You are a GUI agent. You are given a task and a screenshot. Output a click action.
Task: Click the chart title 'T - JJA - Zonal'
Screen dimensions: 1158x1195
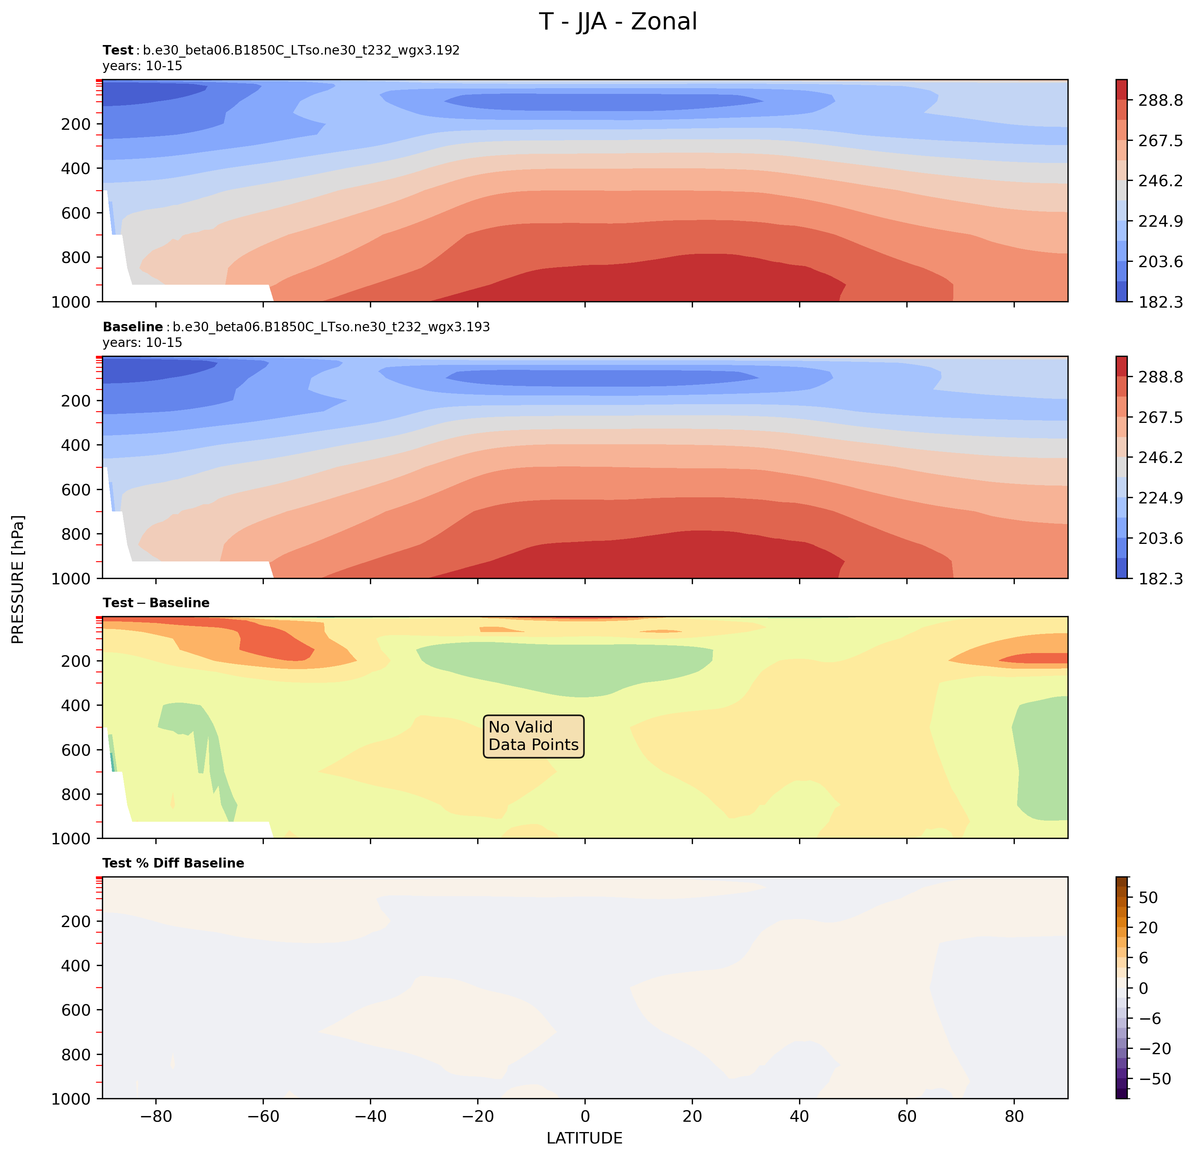[x=618, y=22]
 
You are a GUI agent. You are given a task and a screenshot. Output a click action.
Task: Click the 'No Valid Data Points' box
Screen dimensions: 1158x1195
[x=533, y=736]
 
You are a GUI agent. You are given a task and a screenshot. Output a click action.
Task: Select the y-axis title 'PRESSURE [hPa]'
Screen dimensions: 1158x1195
[x=18, y=579]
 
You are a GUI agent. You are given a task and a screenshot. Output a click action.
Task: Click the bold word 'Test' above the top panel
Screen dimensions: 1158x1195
[x=118, y=50]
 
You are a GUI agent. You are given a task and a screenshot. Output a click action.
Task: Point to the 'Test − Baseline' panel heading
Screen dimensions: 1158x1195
[x=156, y=603]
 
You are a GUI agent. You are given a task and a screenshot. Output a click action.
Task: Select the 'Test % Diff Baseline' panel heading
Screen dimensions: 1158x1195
[x=173, y=863]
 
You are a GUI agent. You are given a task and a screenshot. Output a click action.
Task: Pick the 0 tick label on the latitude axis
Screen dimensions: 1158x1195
[x=585, y=1116]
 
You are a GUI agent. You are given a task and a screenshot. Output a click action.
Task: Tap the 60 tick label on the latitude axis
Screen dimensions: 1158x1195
[x=907, y=1116]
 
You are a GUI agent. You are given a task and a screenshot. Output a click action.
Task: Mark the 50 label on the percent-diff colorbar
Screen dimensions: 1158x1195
[x=1148, y=898]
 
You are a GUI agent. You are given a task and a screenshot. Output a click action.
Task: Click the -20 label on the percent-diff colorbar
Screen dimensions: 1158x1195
[x=1154, y=1049]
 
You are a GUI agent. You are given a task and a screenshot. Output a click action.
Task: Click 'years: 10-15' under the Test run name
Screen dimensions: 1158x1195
[x=142, y=66]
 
